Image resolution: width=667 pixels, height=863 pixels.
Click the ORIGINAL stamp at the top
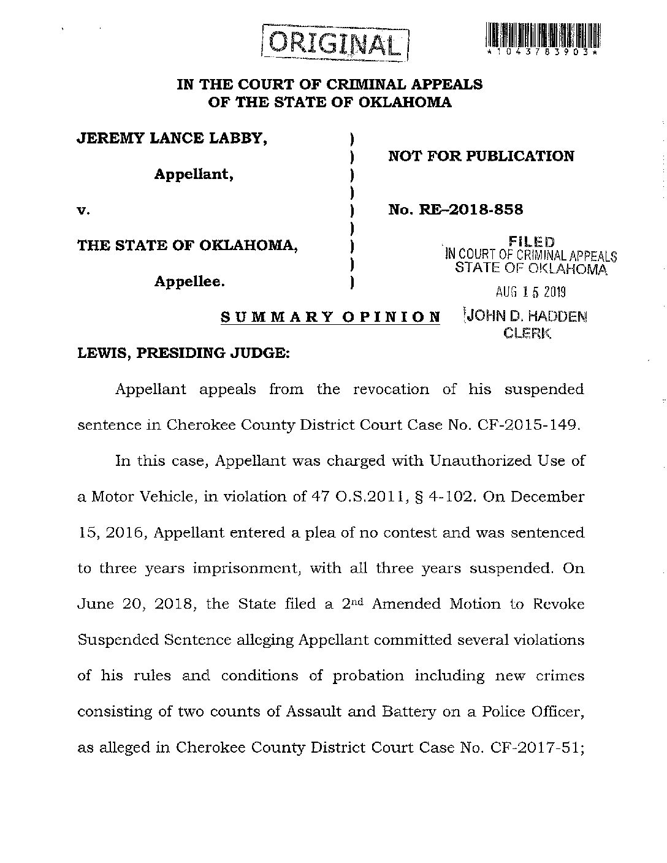pyautogui.click(x=335, y=42)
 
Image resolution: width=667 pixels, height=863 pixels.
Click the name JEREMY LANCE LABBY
pyautogui.click(x=172, y=139)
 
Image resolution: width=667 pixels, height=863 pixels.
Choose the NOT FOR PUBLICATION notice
pyautogui.click(x=481, y=156)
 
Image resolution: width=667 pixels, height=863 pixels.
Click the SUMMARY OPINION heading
pyautogui.click(x=330, y=317)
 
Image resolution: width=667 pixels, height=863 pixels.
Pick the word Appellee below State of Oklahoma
pyautogui.click(x=189, y=282)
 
